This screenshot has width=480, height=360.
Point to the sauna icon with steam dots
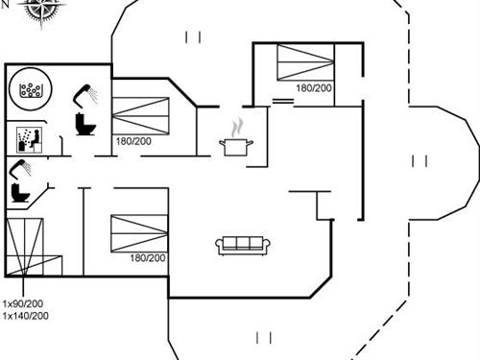click(x=26, y=139)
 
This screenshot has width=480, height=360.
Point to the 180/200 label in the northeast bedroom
click(x=314, y=88)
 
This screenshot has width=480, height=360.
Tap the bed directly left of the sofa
click(x=139, y=233)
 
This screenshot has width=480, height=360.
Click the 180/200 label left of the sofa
click(x=147, y=257)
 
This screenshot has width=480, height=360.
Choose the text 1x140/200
click(x=25, y=315)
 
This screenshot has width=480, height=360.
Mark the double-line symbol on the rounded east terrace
click(x=419, y=160)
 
